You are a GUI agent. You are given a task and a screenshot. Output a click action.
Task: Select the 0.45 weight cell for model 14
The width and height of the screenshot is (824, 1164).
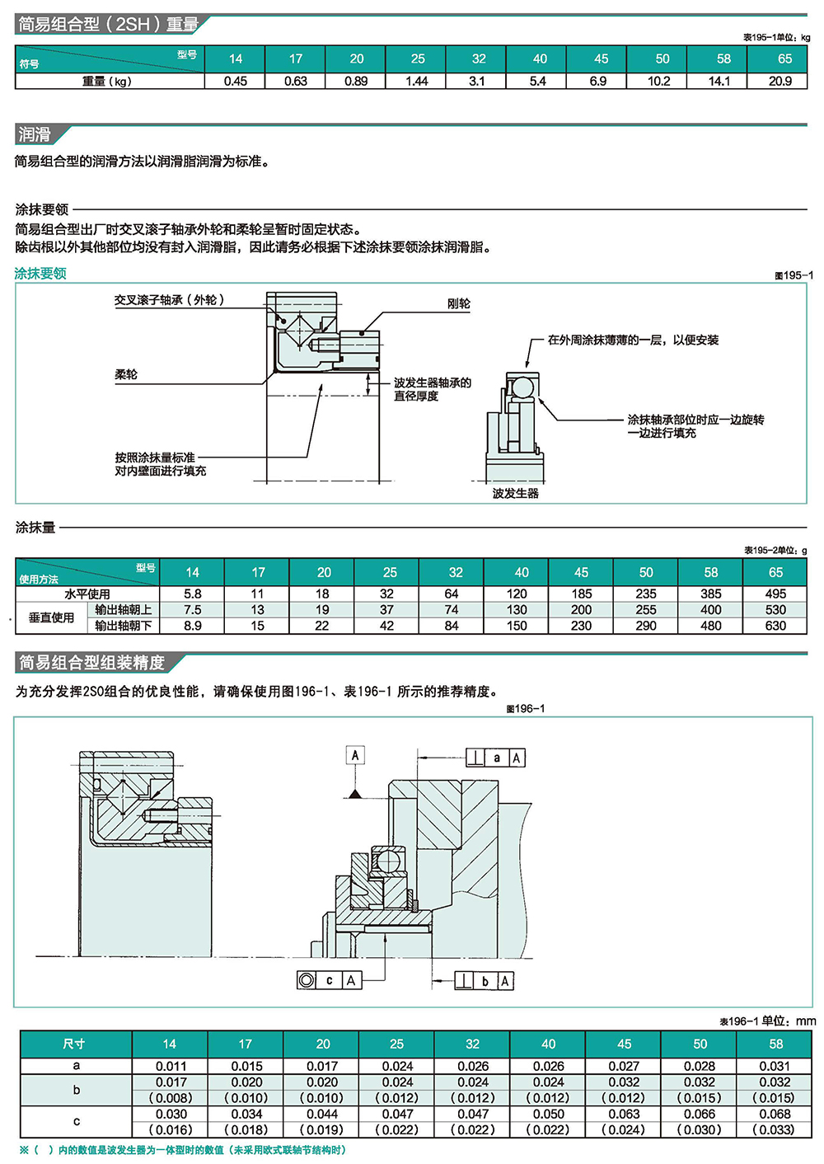click(236, 81)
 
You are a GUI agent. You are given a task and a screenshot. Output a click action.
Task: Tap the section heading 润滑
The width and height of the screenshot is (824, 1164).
click(35, 134)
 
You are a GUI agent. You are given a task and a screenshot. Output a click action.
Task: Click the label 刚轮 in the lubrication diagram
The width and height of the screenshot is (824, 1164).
click(459, 303)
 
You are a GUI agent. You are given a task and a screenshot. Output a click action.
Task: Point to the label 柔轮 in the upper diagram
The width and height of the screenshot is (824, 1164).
click(126, 374)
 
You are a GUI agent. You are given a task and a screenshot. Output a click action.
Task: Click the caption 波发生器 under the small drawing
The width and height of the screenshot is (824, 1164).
click(515, 493)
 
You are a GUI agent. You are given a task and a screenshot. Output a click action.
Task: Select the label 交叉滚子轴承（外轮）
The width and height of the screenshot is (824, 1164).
click(169, 300)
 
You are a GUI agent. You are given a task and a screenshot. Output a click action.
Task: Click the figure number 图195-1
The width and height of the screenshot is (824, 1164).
click(793, 275)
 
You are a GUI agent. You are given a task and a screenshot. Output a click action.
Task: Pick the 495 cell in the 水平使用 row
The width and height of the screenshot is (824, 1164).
click(775, 594)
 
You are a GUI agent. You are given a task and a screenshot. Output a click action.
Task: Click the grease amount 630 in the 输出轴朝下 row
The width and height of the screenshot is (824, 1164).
click(775, 626)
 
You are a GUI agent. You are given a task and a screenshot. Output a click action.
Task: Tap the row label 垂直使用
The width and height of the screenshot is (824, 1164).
click(51, 617)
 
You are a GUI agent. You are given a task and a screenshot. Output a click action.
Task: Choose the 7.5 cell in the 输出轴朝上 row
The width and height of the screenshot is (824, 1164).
click(193, 610)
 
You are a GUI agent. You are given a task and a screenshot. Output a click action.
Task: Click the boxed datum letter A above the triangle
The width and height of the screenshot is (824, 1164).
click(355, 755)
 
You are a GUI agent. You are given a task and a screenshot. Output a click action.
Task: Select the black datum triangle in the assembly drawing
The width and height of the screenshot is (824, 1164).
click(355, 793)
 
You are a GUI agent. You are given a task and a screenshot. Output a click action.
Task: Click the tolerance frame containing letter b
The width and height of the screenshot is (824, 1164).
click(485, 981)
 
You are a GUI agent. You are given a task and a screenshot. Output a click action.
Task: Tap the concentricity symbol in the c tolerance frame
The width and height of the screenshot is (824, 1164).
click(307, 980)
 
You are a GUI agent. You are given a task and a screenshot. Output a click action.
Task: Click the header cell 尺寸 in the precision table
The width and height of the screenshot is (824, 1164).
click(74, 1044)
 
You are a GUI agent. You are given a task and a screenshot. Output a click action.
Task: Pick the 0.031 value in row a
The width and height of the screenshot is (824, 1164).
click(775, 1066)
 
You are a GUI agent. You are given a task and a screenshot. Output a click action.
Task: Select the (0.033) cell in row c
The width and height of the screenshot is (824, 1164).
click(775, 1129)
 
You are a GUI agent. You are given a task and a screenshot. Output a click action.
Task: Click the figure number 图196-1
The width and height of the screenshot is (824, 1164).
click(525, 709)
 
